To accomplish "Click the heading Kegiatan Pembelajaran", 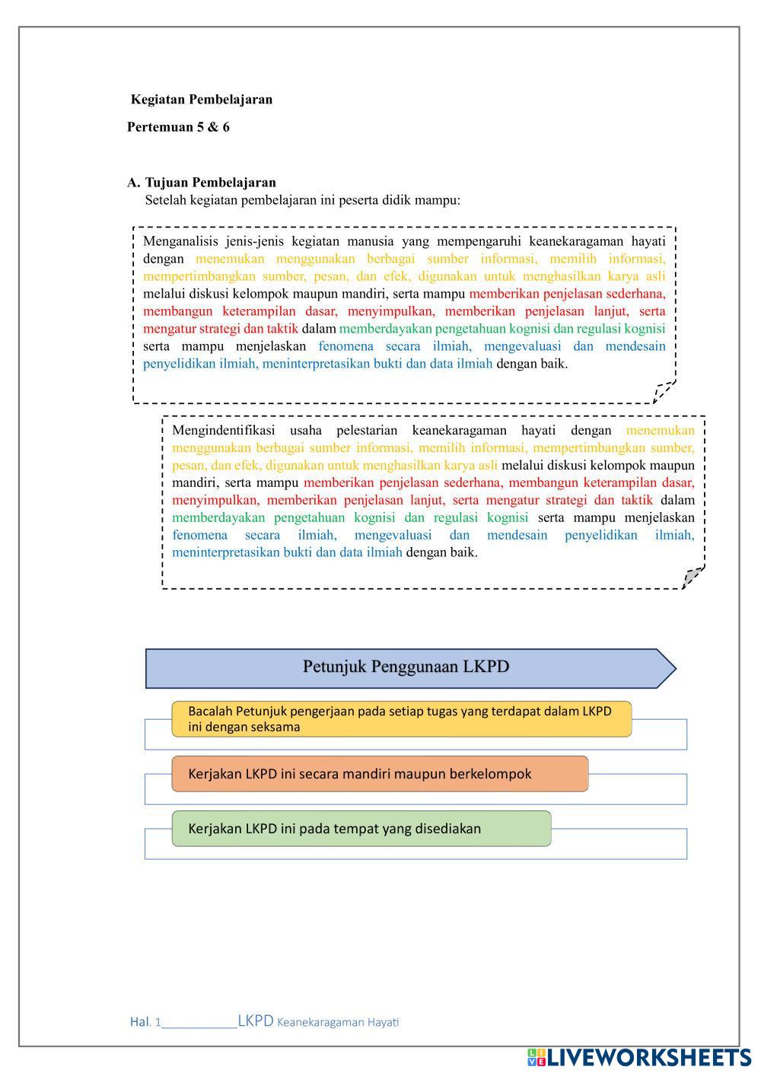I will (202, 100).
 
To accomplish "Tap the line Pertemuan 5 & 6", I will (178, 127).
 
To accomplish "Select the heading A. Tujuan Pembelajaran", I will (202, 183).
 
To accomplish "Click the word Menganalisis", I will (179, 241).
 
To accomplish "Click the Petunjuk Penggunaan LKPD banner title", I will (406, 667).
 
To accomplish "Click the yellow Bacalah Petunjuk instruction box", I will (401, 719).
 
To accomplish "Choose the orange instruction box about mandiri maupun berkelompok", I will (380, 774).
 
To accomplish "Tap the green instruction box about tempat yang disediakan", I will (361, 829).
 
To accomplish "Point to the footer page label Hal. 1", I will (145, 1022).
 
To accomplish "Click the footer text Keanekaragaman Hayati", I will (338, 1022).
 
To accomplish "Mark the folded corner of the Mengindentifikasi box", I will (692, 578).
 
